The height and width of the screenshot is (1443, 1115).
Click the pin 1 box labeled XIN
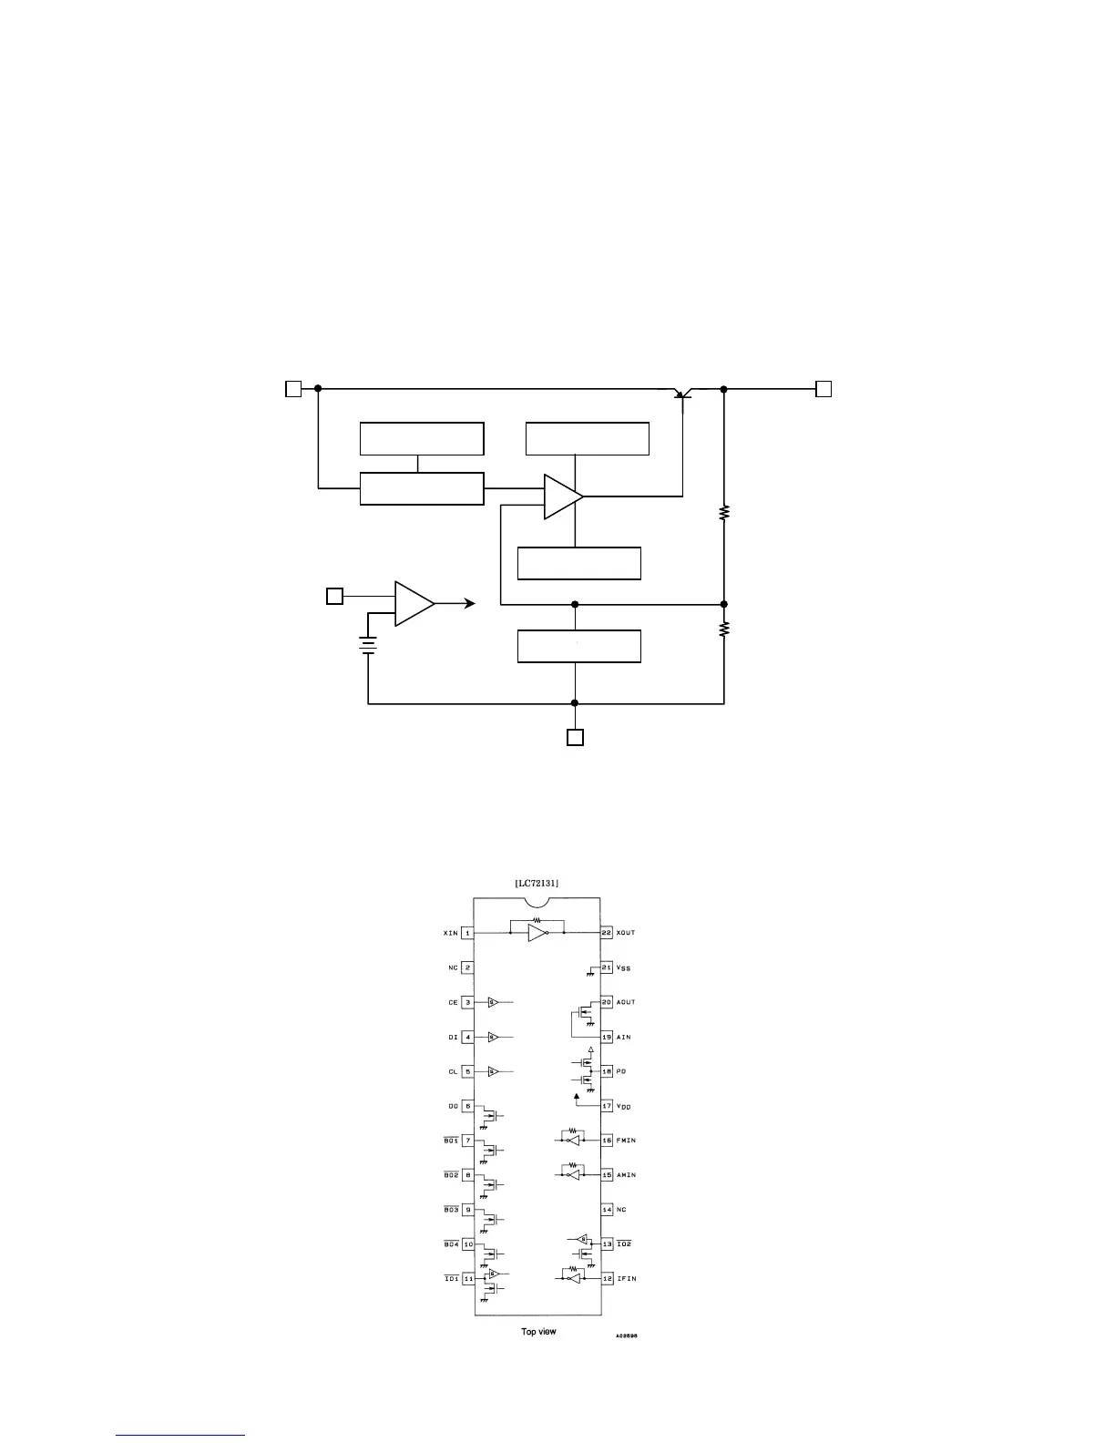467,933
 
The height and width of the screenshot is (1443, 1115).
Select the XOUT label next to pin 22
626,933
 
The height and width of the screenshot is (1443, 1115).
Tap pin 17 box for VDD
607,1106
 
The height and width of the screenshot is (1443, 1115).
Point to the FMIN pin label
626,1141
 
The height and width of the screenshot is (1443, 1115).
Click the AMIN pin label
626,1175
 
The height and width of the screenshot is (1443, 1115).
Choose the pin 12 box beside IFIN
607,1279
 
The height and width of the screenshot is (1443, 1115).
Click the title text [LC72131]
537,883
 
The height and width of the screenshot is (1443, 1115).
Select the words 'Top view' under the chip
538,1332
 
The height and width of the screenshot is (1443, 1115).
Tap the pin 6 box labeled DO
467,1106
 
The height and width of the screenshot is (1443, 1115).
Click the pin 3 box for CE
467,1002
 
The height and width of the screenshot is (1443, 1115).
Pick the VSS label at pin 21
624,967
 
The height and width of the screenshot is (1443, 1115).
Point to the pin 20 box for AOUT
607,1002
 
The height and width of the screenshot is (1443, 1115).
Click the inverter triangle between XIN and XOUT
537,933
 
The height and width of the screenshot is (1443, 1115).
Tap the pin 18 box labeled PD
607,1071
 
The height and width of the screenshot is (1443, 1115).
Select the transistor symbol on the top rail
682,394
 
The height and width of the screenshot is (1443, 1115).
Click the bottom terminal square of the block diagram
575,737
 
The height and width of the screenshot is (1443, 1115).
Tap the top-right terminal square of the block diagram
823,389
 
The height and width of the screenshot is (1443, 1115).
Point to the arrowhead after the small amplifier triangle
469,603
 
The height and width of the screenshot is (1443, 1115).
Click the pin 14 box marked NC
607,1210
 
